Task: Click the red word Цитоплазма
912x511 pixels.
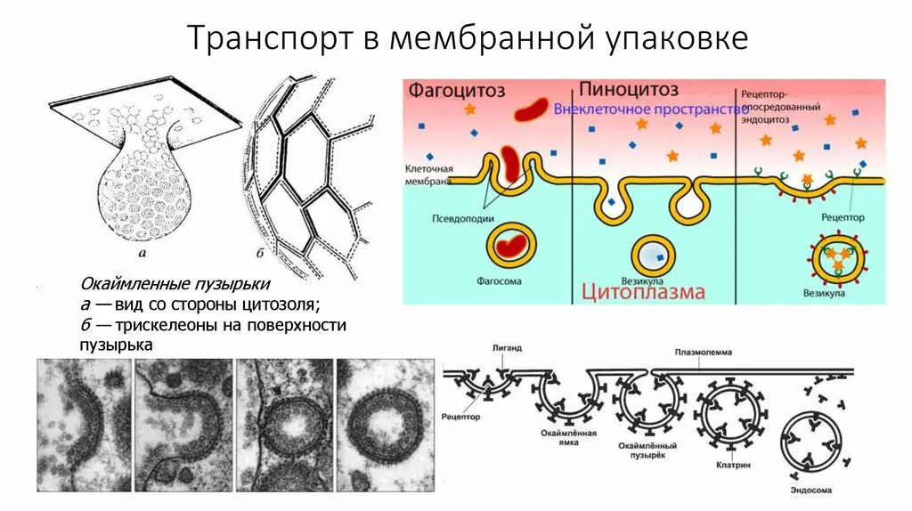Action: pyautogui.click(x=644, y=291)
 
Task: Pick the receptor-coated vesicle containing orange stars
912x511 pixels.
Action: pyautogui.click(x=836, y=257)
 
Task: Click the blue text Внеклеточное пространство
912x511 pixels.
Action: pyautogui.click(x=650, y=109)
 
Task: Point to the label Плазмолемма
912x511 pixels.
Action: pyautogui.click(x=704, y=353)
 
